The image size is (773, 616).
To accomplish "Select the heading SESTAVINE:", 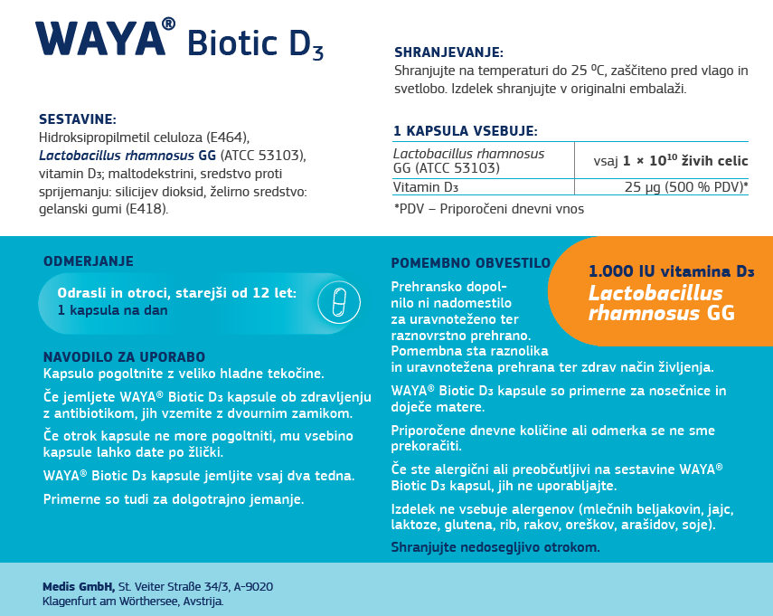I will point(77,119).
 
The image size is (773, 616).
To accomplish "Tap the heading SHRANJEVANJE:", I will point(448,52).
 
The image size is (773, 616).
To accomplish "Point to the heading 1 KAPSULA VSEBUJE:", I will point(466,131).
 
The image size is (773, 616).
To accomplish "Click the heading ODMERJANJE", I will point(89,261).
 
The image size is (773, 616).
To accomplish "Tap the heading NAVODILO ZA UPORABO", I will point(125,357).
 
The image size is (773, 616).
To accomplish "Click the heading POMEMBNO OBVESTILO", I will point(470,263).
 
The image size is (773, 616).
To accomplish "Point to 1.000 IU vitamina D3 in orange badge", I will point(671,271).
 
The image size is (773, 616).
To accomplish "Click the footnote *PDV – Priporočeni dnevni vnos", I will point(488,209).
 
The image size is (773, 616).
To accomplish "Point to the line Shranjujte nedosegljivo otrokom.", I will point(495,547).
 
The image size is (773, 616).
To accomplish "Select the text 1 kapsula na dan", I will point(112,309).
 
